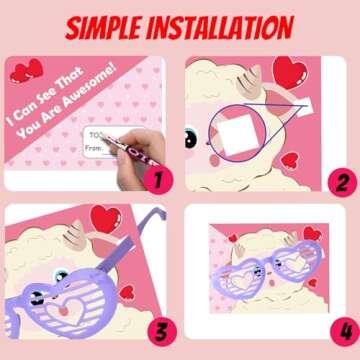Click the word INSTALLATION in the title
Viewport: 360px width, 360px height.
coord(232,27)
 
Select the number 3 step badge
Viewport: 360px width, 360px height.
coord(155,330)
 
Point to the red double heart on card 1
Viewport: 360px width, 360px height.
coord(31,70)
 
